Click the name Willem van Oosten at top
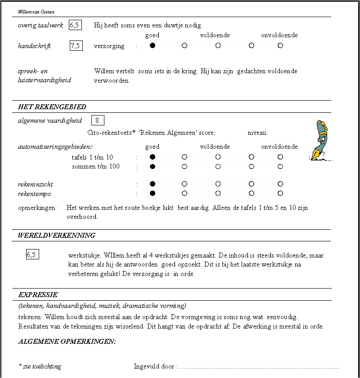point(36,12)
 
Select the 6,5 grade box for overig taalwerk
point(75,25)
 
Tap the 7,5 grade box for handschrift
point(76,46)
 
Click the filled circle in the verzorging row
point(153,46)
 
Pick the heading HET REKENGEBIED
point(52,107)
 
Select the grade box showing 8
point(98,120)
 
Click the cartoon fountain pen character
point(320,140)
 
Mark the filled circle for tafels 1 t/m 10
point(153,157)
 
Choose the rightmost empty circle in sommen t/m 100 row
point(280,167)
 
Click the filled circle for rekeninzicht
point(153,184)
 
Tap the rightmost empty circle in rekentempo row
point(280,194)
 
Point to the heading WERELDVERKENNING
point(56,236)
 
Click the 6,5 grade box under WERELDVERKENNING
point(31,255)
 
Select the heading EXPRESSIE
point(38,295)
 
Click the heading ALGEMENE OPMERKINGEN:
point(67,342)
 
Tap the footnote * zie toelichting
point(40,366)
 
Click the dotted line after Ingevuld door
point(259,367)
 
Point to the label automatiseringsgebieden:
point(55,147)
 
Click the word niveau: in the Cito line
point(257,133)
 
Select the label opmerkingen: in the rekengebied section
point(37,208)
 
